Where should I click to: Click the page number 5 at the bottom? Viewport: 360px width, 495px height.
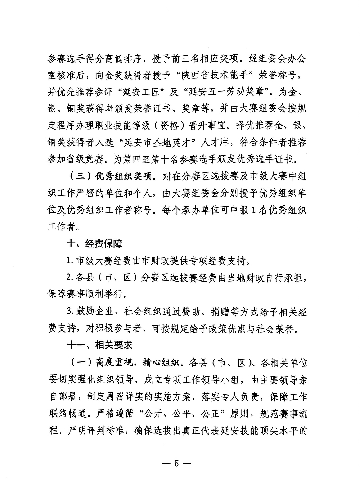point(180,463)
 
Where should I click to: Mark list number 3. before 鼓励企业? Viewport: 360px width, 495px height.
point(70,312)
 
